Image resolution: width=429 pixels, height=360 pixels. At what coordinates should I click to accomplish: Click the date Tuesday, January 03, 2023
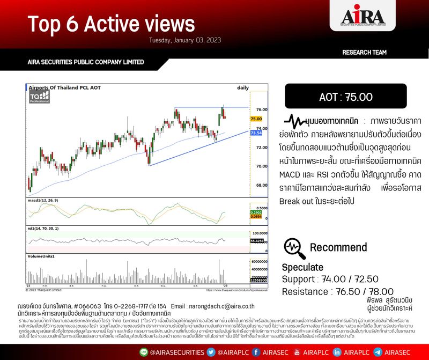(x=185, y=40)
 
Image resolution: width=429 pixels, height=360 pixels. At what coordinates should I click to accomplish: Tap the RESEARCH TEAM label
(x=364, y=53)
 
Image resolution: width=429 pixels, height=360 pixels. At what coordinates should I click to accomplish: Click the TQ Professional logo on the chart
(x=40, y=97)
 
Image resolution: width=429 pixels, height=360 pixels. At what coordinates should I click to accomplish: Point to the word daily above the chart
(x=242, y=87)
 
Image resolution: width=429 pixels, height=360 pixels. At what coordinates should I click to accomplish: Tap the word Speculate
(x=303, y=267)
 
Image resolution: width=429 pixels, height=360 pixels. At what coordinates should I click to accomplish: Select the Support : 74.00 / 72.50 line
(x=330, y=279)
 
